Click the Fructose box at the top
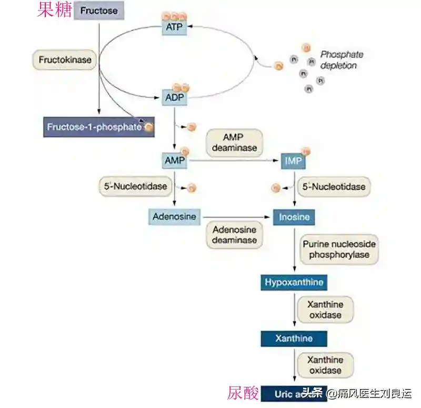click(x=99, y=10)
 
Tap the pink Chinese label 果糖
click(x=55, y=9)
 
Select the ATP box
click(x=174, y=26)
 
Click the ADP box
click(x=174, y=97)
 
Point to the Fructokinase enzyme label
click(x=65, y=60)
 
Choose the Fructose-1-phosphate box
click(x=98, y=127)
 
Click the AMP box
click(x=174, y=160)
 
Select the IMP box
click(x=293, y=161)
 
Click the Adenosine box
click(x=174, y=216)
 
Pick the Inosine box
click(x=294, y=217)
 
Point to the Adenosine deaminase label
click(x=234, y=235)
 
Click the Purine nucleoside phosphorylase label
click(x=332, y=250)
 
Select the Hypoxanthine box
click(x=294, y=282)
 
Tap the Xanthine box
click(x=294, y=338)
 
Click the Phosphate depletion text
click(x=342, y=60)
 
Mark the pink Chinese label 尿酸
click(x=243, y=393)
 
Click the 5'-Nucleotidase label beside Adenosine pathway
click(x=133, y=186)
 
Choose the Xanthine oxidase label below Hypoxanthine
click(x=325, y=310)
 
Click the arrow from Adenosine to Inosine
click(x=237, y=216)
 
